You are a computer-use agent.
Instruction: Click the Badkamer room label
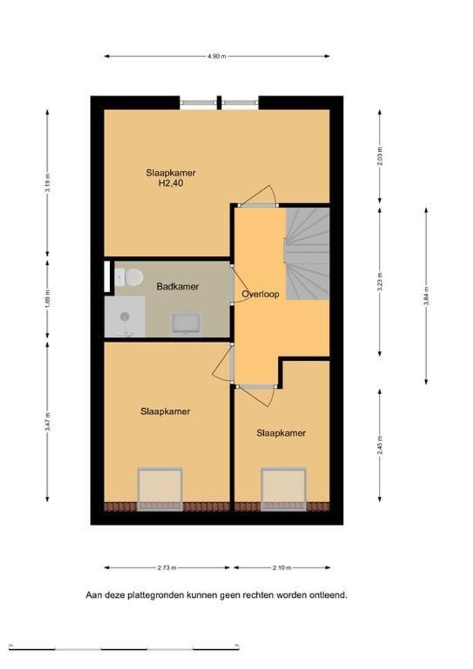click(178, 286)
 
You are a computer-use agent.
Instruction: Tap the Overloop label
click(260, 294)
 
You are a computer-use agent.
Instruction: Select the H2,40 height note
click(171, 184)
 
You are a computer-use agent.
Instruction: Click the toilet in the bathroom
click(129, 277)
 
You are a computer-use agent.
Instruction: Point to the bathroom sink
click(186, 323)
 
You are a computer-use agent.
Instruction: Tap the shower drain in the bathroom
click(124, 316)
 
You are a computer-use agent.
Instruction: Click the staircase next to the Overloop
click(307, 253)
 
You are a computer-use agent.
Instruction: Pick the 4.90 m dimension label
click(217, 56)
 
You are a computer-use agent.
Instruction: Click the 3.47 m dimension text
click(48, 422)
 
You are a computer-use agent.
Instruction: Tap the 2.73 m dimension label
click(167, 568)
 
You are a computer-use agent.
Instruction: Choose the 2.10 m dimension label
click(282, 568)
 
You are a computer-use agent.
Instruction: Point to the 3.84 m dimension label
click(426, 295)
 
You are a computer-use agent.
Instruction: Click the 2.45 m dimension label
click(380, 444)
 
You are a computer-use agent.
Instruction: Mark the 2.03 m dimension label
click(380, 156)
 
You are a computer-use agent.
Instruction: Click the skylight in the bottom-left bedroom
click(160, 489)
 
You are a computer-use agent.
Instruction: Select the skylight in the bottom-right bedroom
click(284, 489)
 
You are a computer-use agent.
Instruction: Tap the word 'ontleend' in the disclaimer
click(329, 595)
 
